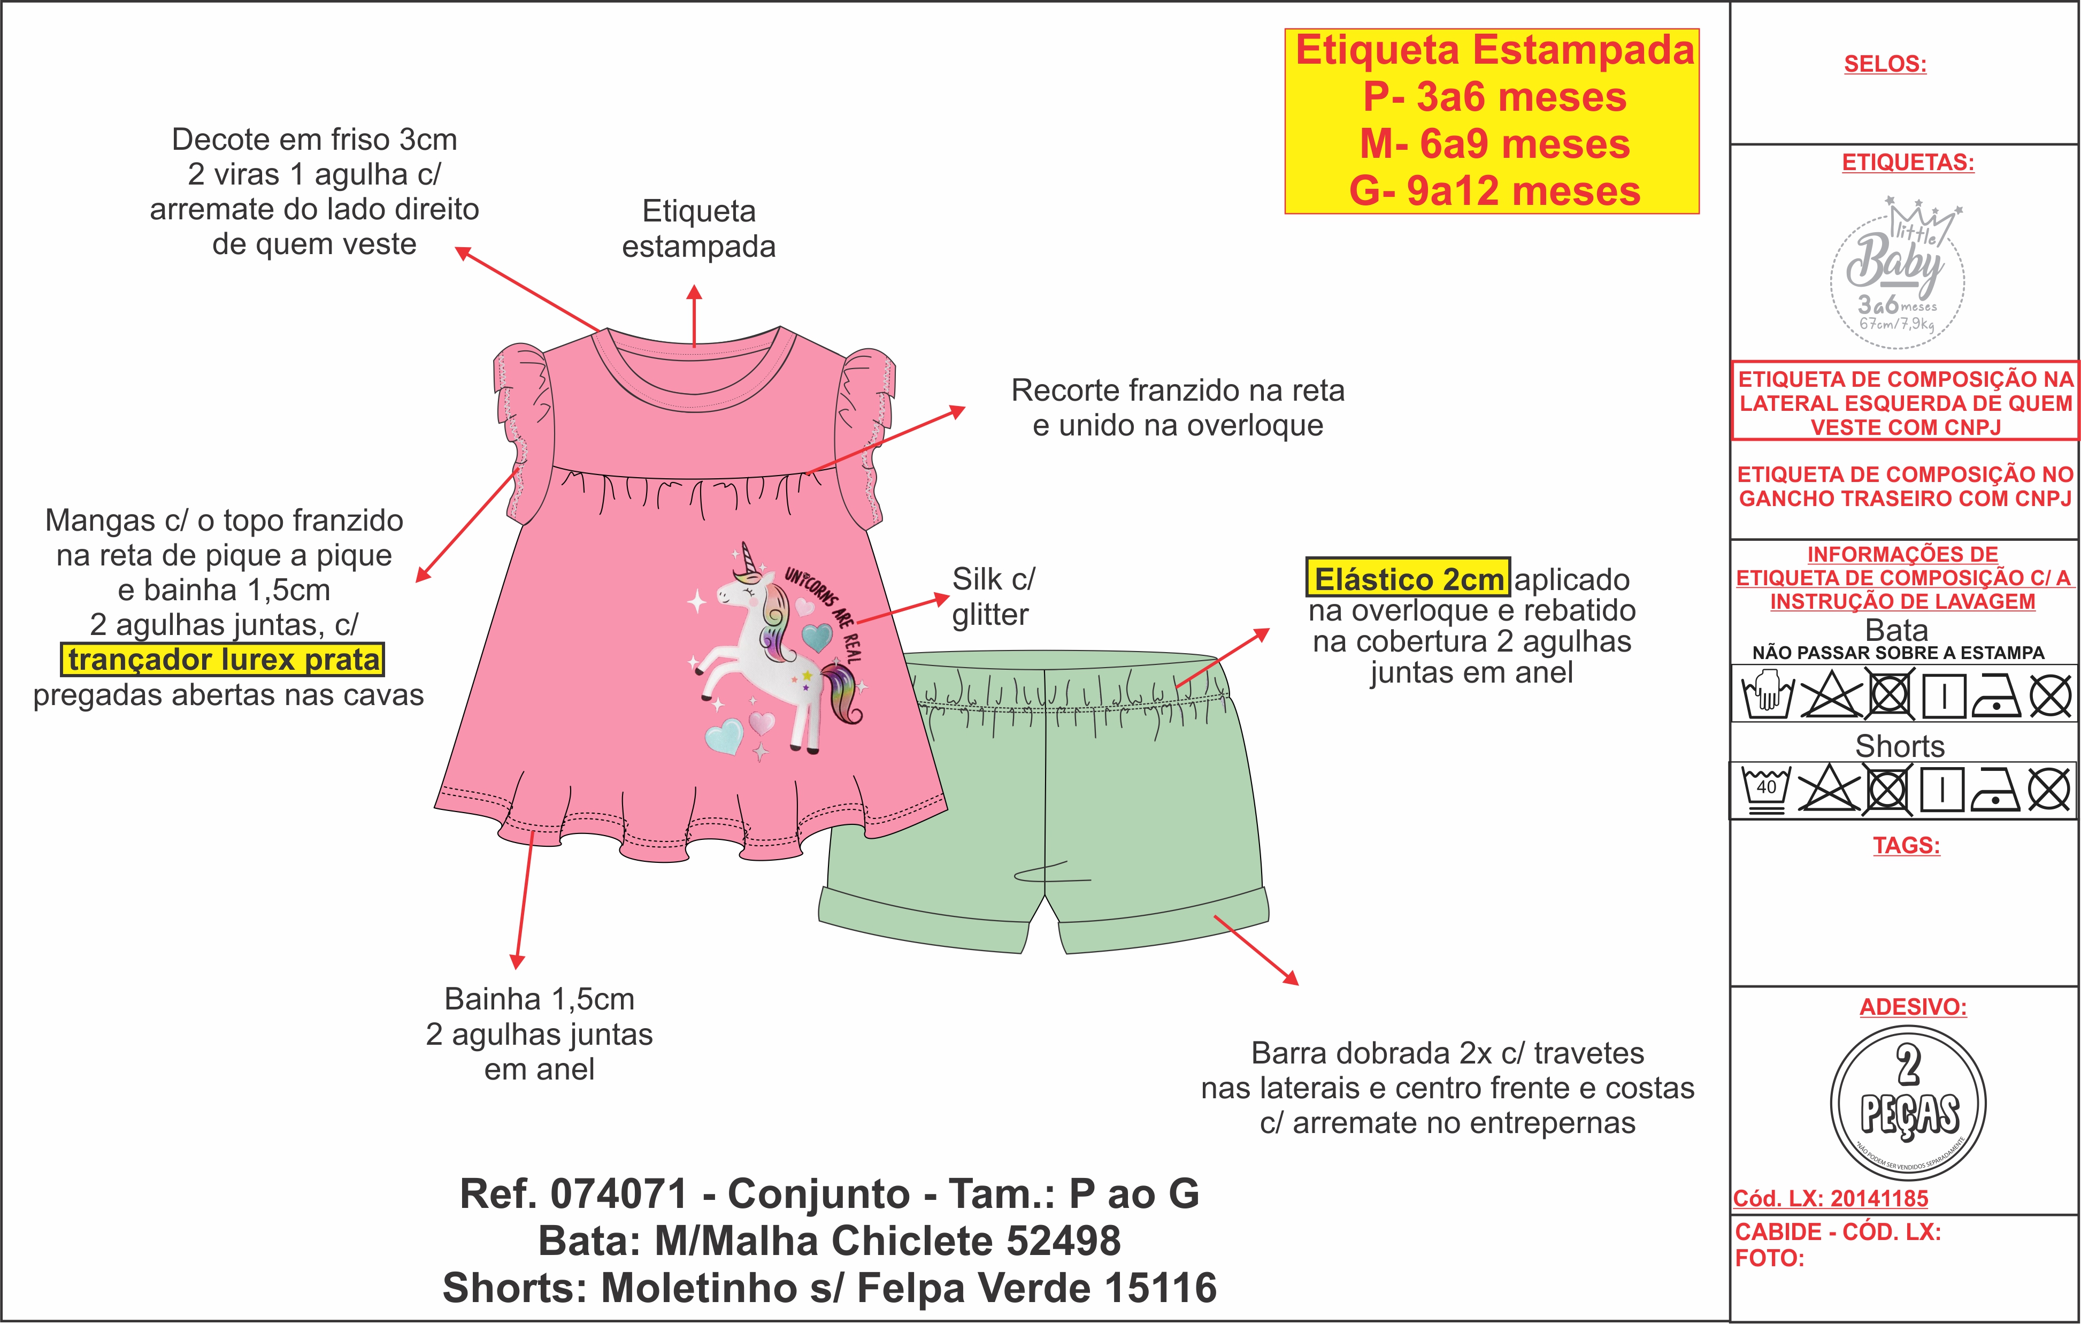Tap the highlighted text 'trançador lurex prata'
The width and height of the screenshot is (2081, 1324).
tap(223, 660)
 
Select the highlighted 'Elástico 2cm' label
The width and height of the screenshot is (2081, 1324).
tap(1408, 578)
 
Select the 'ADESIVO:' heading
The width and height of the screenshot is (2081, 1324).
tap(1913, 1007)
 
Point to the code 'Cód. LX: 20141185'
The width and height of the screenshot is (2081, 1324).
tap(1830, 1199)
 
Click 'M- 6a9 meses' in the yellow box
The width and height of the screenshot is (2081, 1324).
tap(1494, 143)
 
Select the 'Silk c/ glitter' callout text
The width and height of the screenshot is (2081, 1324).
tap(992, 596)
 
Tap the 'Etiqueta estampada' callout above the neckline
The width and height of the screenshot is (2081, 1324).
tap(698, 228)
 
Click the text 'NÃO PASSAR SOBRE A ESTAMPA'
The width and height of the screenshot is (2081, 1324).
tap(1898, 653)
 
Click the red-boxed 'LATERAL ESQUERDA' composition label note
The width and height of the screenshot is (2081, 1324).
tap(1905, 403)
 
